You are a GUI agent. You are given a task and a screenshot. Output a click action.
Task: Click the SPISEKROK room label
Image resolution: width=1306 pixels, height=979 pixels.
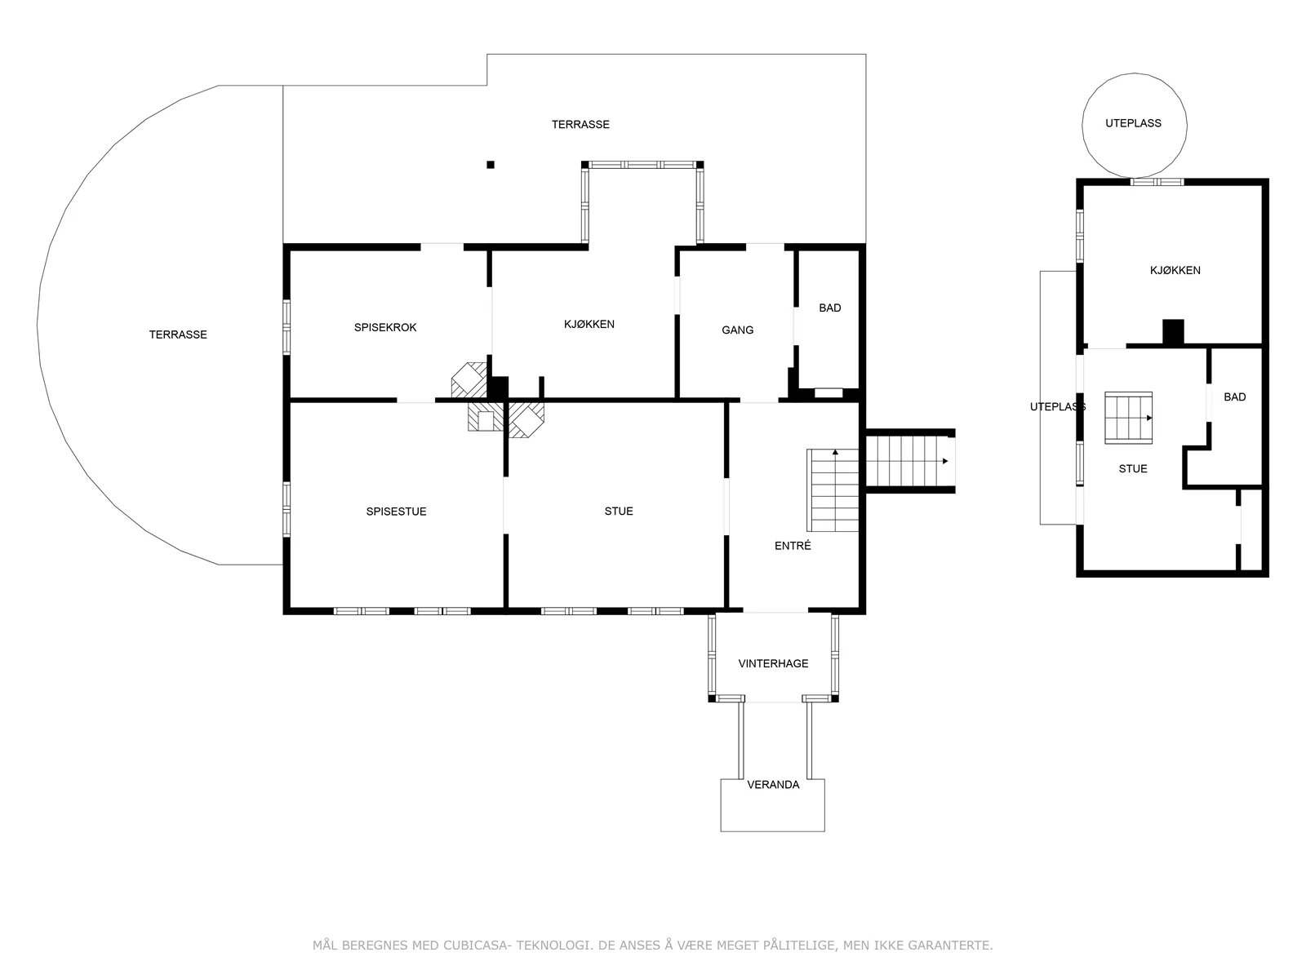click(x=385, y=327)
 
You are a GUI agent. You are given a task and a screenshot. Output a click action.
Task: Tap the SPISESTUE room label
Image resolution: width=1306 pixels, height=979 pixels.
click(x=396, y=512)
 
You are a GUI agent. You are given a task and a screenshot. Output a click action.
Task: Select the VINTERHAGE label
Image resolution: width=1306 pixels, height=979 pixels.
click(x=773, y=663)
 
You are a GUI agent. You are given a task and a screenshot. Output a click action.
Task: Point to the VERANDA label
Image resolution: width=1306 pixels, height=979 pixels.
click(x=773, y=785)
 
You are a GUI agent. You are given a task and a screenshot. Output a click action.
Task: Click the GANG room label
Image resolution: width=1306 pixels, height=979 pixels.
click(x=737, y=330)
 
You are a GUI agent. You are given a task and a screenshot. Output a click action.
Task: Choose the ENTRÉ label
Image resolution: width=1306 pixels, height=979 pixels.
click(x=793, y=546)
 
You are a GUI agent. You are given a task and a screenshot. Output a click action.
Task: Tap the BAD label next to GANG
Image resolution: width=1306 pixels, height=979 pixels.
click(x=829, y=308)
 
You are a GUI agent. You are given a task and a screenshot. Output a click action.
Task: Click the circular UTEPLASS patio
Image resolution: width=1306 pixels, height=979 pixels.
click(x=1134, y=73)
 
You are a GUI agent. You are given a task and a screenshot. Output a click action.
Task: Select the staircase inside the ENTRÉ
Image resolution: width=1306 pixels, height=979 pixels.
click(x=833, y=489)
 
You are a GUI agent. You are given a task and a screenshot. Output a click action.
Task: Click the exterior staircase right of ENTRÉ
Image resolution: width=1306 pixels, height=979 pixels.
click(x=910, y=461)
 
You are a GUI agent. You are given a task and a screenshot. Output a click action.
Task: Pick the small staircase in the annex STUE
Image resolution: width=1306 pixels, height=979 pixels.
click(x=1129, y=418)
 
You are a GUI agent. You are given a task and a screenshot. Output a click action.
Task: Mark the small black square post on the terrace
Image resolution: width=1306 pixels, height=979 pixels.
click(x=491, y=165)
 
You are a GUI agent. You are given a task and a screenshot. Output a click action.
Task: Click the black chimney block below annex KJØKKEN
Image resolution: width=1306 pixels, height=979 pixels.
click(x=1173, y=332)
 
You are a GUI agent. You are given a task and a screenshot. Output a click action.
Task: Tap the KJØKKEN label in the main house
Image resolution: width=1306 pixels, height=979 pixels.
click(x=589, y=324)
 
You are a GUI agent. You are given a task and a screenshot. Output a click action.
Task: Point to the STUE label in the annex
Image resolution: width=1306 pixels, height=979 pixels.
click(x=1133, y=469)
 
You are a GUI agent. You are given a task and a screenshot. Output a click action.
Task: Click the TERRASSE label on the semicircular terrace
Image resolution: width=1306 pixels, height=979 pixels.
click(x=178, y=334)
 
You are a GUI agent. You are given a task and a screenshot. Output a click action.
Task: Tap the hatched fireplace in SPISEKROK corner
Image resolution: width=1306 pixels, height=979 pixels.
click(x=469, y=380)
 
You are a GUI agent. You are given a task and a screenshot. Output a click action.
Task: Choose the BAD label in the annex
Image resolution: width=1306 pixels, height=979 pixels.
click(x=1235, y=397)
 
